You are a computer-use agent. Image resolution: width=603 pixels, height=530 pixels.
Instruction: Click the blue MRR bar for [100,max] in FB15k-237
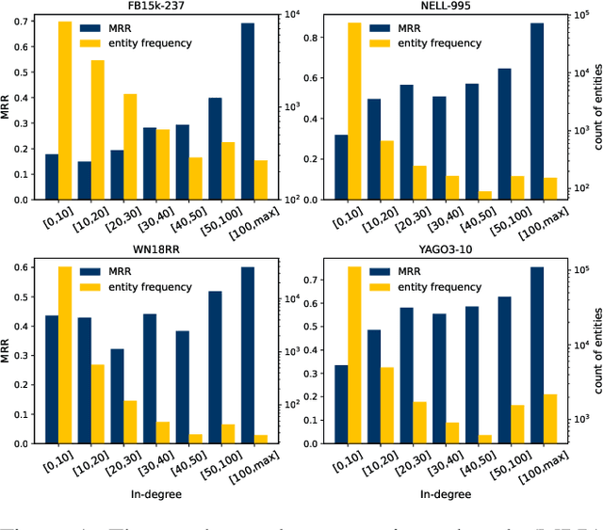point(248,111)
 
